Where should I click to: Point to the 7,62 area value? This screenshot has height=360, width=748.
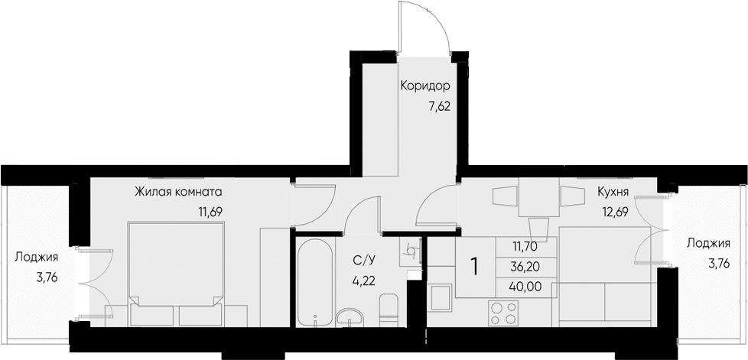[x=437, y=107]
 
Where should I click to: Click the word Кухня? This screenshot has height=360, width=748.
[x=613, y=193]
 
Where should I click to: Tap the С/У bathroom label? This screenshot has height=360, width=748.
[x=363, y=261]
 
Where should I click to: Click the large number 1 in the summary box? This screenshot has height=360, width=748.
[x=474, y=267]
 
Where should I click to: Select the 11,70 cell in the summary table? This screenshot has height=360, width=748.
[x=525, y=246]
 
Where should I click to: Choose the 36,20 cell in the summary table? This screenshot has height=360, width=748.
[x=525, y=268]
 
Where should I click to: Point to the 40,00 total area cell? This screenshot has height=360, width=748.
[x=525, y=288]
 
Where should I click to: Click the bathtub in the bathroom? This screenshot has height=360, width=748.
[x=314, y=283]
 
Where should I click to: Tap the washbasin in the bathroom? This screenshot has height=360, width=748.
[x=351, y=316]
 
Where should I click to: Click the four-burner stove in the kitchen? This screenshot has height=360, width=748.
[x=502, y=313]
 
